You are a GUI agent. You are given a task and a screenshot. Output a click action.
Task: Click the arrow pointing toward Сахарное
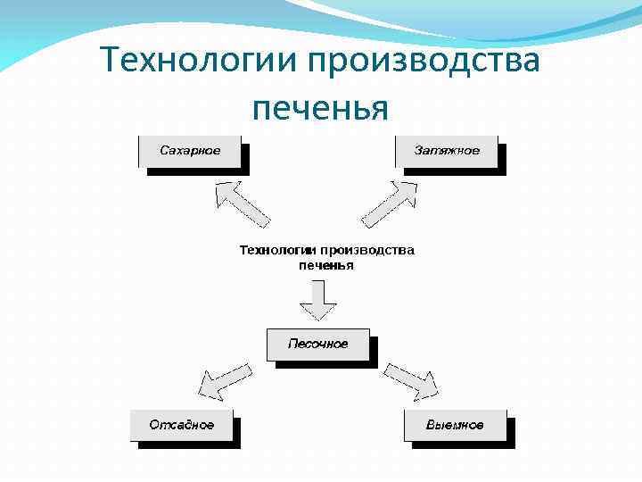(242, 203)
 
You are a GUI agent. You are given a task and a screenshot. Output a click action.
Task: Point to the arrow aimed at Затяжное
(389, 204)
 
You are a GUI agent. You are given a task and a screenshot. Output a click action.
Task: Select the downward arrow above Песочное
(317, 300)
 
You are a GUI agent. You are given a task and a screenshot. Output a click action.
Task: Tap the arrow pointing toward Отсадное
(223, 379)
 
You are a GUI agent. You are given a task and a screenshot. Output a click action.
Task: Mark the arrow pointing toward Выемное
(412, 379)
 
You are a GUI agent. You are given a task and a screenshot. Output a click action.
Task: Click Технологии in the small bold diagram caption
(277, 251)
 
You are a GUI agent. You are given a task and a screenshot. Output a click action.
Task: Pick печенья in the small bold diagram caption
(325, 265)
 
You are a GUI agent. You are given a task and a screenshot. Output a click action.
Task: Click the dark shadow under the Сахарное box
(201, 171)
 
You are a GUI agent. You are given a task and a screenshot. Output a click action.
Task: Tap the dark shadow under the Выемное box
(464, 445)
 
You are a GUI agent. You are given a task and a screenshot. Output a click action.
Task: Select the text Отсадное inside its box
(182, 425)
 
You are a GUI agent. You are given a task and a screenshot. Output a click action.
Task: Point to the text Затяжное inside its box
(447, 150)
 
